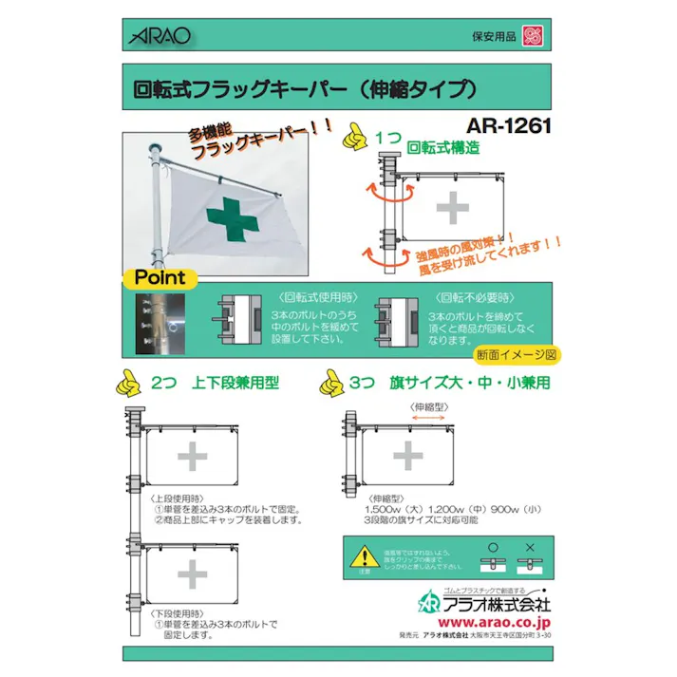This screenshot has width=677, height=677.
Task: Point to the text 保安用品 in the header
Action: coord(494,37)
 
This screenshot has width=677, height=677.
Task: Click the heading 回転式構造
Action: coord(442,148)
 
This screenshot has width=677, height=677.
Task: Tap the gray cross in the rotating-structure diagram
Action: coord(453,207)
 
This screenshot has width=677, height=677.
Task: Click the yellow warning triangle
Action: coord(365,555)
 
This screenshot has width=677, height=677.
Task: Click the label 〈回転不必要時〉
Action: coord(465,295)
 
